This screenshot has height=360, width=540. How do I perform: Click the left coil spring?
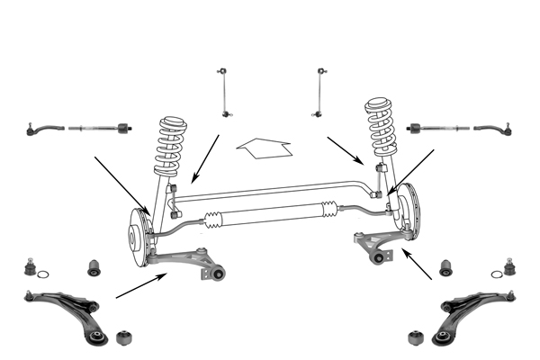[x=169, y=146]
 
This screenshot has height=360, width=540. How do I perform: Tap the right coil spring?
[x=381, y=128]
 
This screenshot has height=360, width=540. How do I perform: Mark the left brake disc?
[x=138, y=238]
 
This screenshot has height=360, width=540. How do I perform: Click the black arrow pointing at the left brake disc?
[x=121, y=185]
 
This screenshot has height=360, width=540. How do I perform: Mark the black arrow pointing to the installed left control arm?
[x=140, y=285]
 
